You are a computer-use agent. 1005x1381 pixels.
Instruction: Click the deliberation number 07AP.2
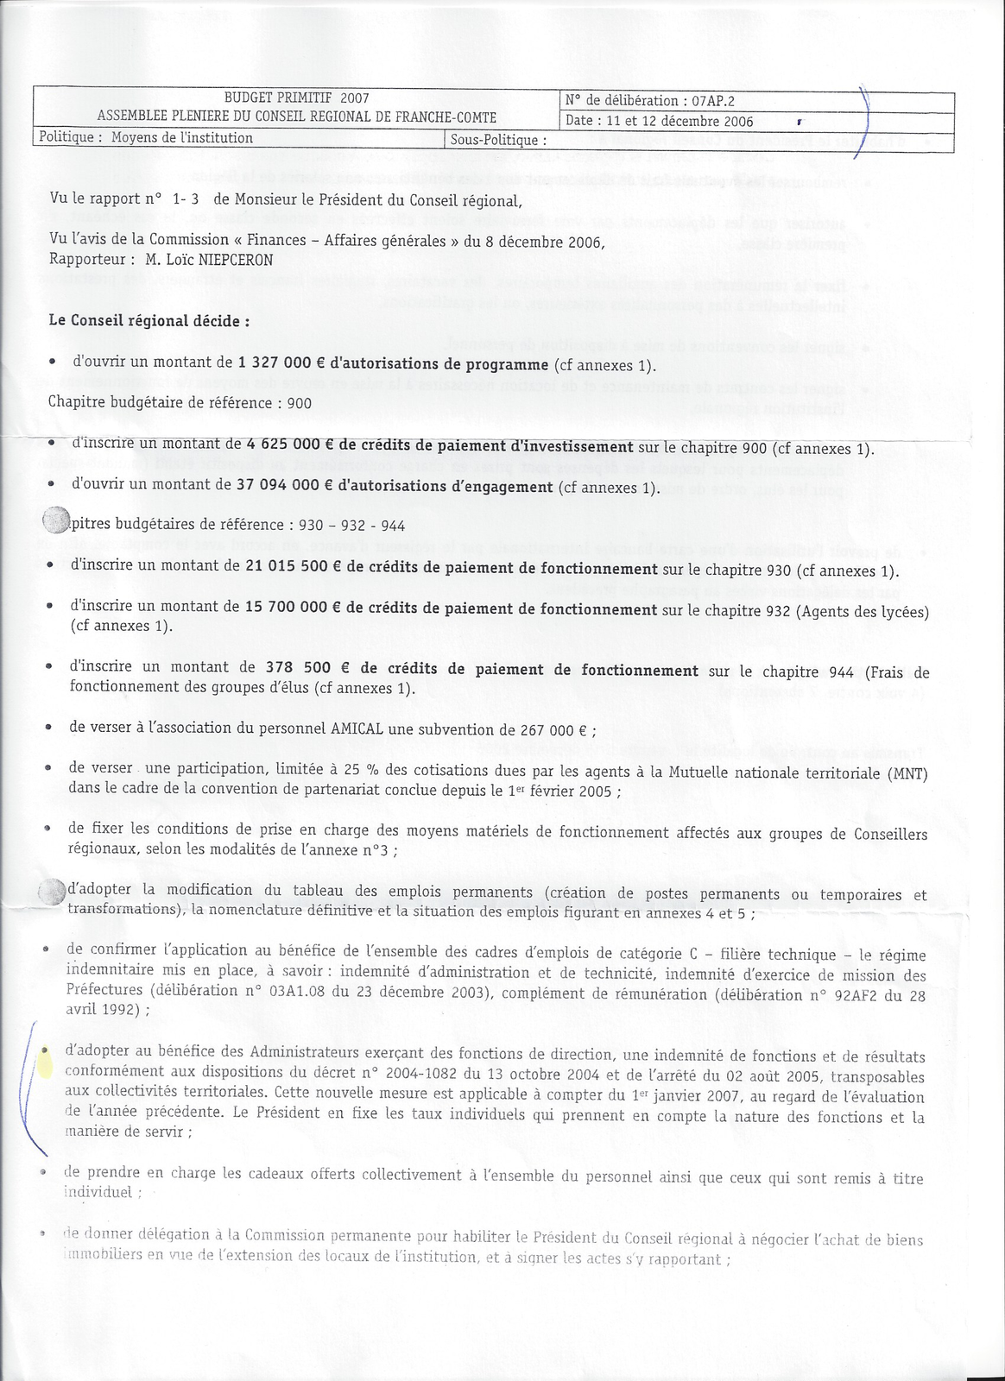[x=711, y=101]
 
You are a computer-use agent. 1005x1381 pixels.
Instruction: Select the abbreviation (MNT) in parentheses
[x=907, y=772]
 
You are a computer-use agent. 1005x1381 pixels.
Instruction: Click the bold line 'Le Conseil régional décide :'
[x=149, y=320]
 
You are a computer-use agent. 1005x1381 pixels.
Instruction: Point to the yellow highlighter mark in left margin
[x=43, y=1059]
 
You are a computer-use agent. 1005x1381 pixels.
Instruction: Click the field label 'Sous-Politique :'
[x=499, y=139]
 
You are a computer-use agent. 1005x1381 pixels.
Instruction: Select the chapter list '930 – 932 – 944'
[x=351, y=526]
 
